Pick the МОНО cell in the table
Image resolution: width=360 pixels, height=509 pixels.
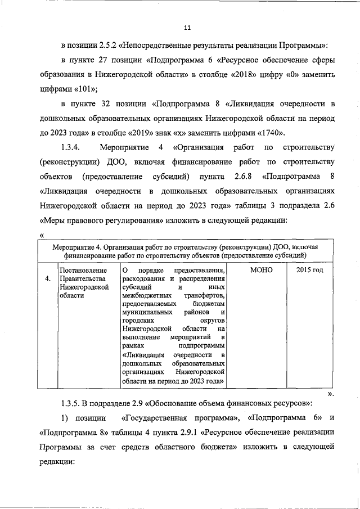(x=260, y=271)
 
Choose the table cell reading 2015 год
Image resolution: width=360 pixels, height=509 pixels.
(x=309, y=271)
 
